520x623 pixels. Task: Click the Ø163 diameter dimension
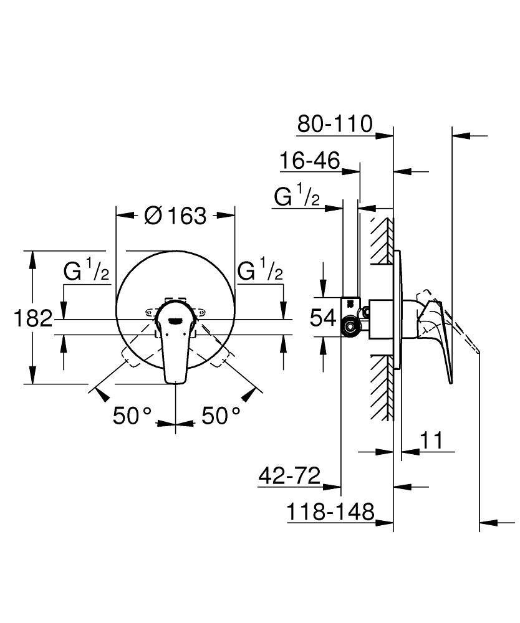(175, 216)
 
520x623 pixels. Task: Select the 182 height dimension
(32, 318)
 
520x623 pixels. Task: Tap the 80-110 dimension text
(334, 123)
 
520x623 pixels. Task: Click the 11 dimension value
(430, 440)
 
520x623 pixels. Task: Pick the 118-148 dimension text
(331, 512)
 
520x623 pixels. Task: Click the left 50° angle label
(133, 416)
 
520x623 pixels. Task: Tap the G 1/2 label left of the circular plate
(87, 271)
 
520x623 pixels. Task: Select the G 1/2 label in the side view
(297, 197)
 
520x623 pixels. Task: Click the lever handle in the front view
(175, 343)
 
